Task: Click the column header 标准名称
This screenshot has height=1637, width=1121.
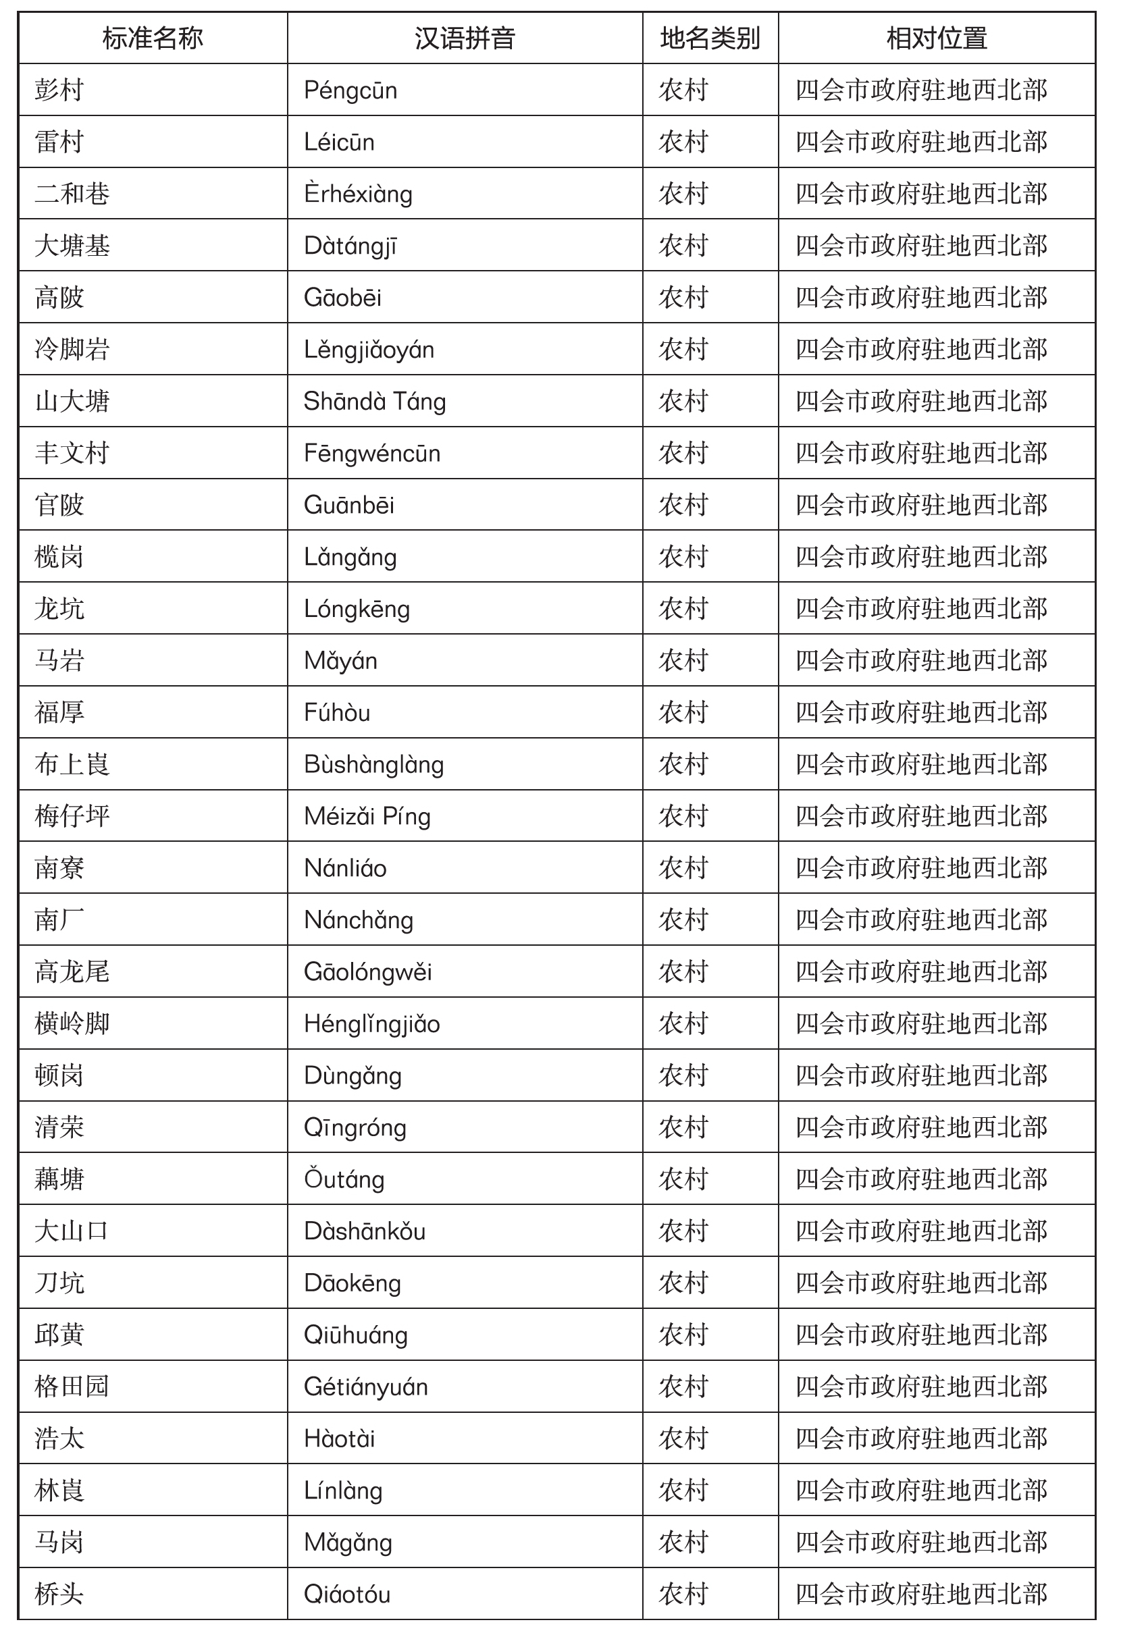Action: coord(152,38)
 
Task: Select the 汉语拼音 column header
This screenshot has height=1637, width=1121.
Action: coord(465,38)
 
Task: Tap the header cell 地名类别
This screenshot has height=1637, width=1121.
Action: coord(710,38)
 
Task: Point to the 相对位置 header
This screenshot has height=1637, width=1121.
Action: coord(937,38)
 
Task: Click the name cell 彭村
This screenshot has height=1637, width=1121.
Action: coord(60,90)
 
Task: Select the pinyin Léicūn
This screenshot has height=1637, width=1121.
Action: coord(339,142)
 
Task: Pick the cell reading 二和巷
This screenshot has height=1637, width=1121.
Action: coord(72,194)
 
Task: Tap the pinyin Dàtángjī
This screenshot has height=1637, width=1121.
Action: coord(350,246)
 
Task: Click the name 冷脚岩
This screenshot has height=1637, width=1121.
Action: coord(72,350)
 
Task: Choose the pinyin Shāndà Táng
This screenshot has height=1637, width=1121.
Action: coord(374,402)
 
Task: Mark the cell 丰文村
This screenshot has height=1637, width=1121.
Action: coord(72,453)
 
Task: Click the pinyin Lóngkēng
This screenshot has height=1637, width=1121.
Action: coord(357,609)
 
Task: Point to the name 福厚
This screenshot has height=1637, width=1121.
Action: coord(60,712)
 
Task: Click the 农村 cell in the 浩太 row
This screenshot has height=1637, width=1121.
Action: coord(683,1439)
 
